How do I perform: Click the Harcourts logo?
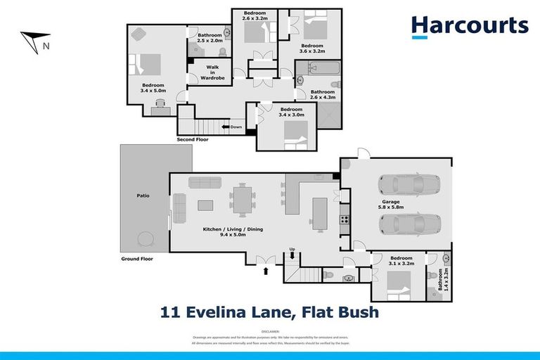pyautogui.click(x=470, y=27)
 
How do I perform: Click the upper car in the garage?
pyautogui.click(x=409, y=185)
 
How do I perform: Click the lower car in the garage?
pyautogui.click(x=409, y=224)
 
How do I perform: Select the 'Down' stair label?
pyautogui.click(x=236, y=127)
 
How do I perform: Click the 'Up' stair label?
pyautogui.click(x=292, y=249)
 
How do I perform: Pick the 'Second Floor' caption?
pyautogui.click(x=193, y=140)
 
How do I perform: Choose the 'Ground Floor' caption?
pyautogui.click(x=136, y=259)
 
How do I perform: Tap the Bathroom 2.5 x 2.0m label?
pyautogui.click(x=210, y=38)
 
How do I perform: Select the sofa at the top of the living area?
pyautogui.click(x=205, y=182)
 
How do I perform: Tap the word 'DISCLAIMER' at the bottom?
pyautogui.click(x=270, y=330)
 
